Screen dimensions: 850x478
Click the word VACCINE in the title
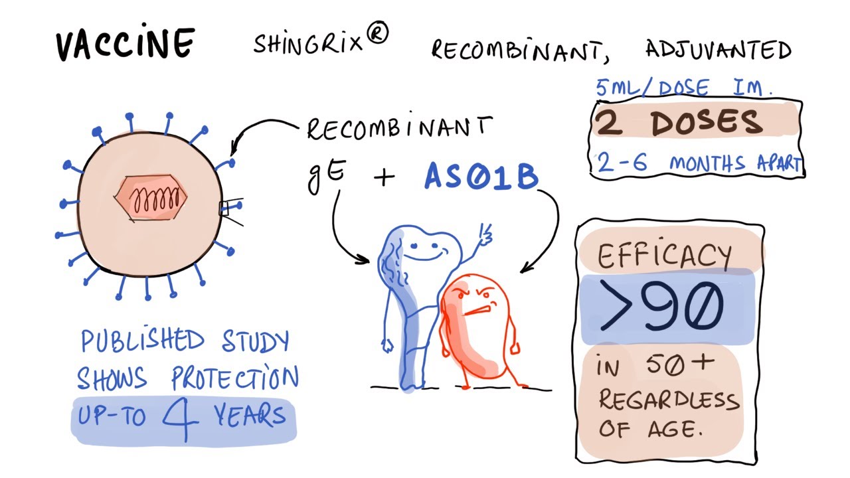124,44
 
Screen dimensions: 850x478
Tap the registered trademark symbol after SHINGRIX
377,38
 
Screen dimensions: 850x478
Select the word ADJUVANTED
718,50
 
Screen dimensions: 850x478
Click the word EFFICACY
665,255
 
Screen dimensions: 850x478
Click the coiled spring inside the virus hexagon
156,198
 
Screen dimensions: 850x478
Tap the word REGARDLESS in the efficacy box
669,400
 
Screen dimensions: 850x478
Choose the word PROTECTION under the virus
235,379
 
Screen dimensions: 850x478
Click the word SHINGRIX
308,44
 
